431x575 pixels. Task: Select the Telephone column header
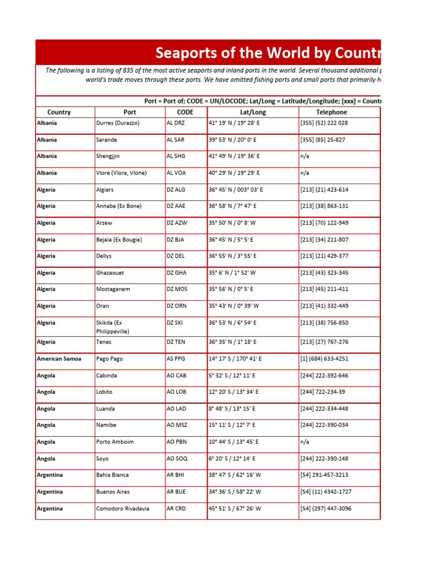(331, 112)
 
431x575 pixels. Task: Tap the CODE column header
(185, 112)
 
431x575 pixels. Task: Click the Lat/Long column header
(253, 112)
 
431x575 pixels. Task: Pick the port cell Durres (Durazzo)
(118, 123)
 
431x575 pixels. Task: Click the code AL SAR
(176, 140)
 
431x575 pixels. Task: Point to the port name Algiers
(105, 190)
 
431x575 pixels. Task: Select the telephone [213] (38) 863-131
(324, 206)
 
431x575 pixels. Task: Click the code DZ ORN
(177, 306)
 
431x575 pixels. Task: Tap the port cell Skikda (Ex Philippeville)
(112, 327)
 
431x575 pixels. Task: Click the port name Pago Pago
(109, 359)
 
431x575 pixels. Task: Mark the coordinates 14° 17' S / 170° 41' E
(235, 359)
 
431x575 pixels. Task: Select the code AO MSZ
(177, 425)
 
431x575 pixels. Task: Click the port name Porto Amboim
(115, 442)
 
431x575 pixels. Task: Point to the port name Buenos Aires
(113, 492)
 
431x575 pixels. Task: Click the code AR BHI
(176, 475)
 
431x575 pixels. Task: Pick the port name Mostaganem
(114, 289)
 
